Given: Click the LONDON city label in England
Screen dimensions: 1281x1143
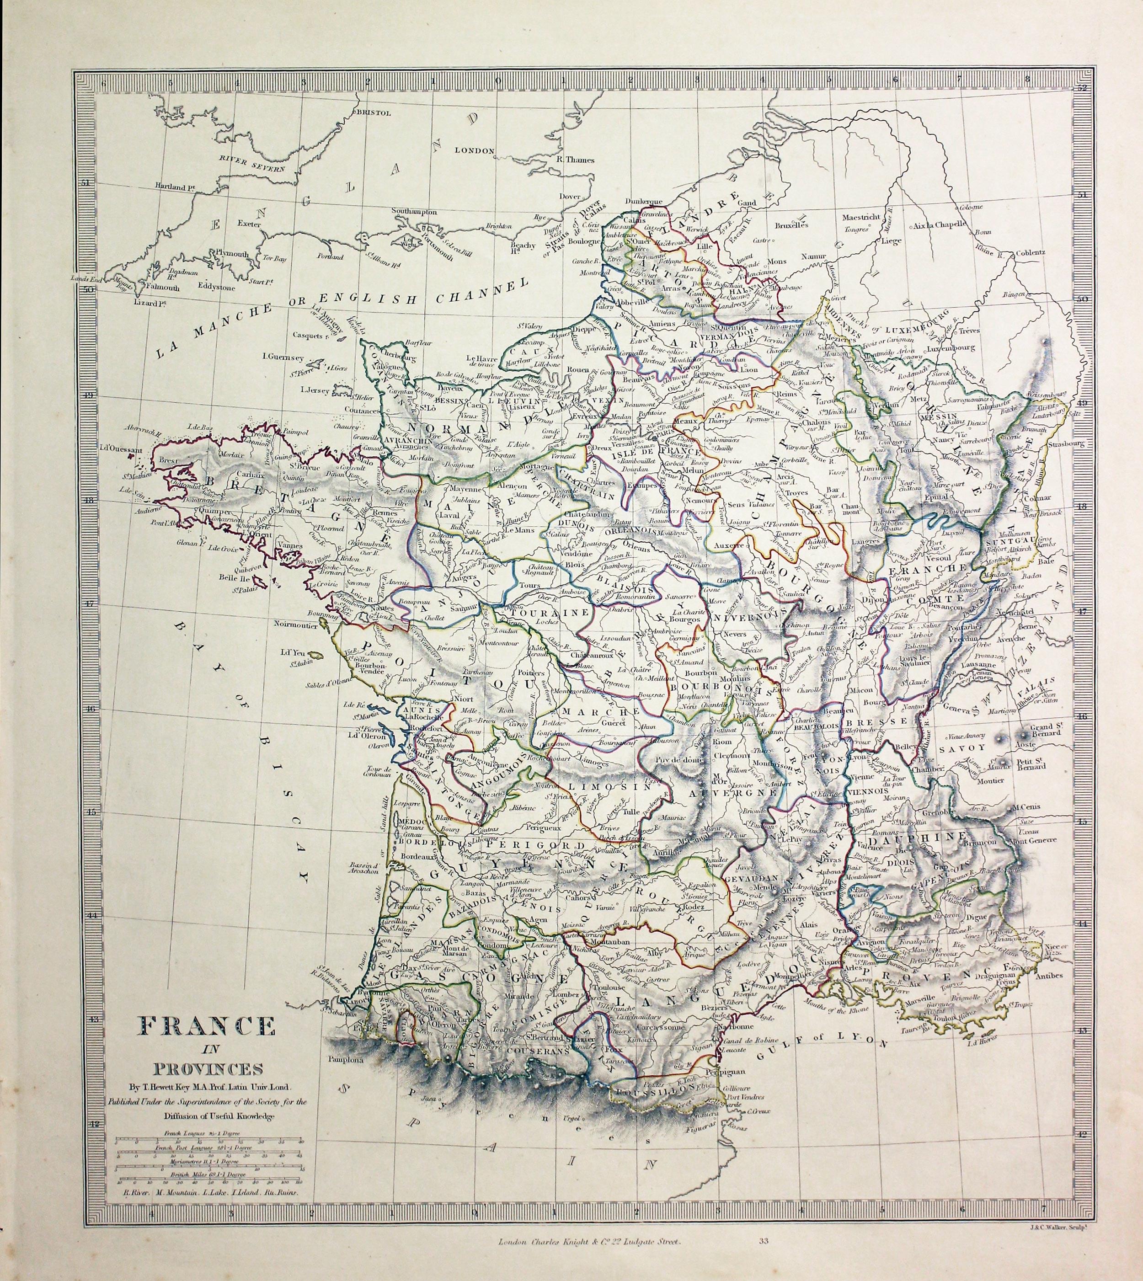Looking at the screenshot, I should coord(475,151).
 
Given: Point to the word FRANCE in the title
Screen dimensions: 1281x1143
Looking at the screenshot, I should coord(207,1026).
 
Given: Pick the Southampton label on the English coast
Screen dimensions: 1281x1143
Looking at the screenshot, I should coord(414,212).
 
